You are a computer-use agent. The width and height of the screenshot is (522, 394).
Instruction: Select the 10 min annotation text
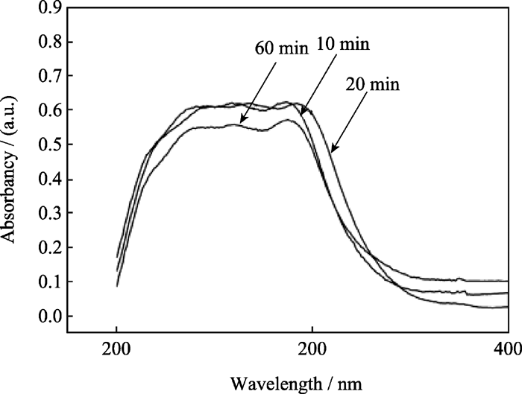tap(344, 45)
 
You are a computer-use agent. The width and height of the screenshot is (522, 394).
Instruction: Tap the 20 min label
tap(373, 84)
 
